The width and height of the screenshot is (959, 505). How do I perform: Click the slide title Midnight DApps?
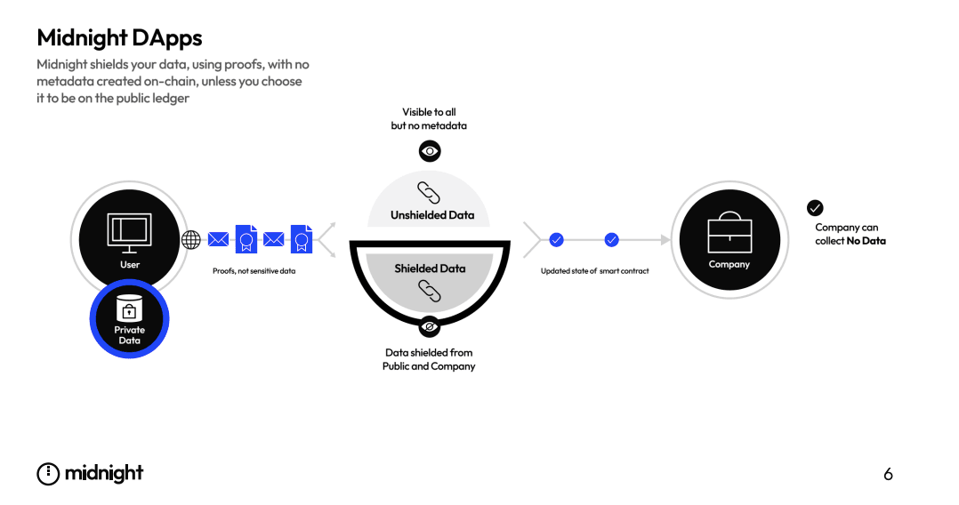click(119, 37)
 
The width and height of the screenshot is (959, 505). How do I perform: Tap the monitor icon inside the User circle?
click(129, 229)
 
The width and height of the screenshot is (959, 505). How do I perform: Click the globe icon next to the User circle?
click(191, 239)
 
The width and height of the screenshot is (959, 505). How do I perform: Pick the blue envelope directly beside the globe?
click(218, 239)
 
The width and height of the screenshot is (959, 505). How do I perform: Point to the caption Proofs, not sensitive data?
click(254, 271)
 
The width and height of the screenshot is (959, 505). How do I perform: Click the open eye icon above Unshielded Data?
click(430, 151)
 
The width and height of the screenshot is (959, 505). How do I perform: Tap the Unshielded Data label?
click(431, 215)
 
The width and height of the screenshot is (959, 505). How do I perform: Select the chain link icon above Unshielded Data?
click(430, 192)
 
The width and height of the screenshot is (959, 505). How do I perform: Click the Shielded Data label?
click(430, 269)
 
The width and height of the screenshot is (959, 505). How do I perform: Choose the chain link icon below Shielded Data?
click(430, 291)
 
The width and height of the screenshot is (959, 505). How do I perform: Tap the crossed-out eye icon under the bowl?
click(430, 327)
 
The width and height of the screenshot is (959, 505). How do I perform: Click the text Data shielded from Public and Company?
click(429, 359)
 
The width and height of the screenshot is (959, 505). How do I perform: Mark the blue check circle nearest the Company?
click(612, 239)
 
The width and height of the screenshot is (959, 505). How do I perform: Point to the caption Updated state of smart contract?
click(594, 271)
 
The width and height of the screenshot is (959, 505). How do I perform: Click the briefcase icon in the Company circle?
click(729, 234)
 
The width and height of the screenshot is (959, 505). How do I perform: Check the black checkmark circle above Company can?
click(815, 207)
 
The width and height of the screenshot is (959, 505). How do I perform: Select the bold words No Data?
click(866, 241)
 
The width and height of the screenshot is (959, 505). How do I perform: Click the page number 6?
click(888, 475)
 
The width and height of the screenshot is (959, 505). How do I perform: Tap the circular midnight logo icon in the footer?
click(48, 474)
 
